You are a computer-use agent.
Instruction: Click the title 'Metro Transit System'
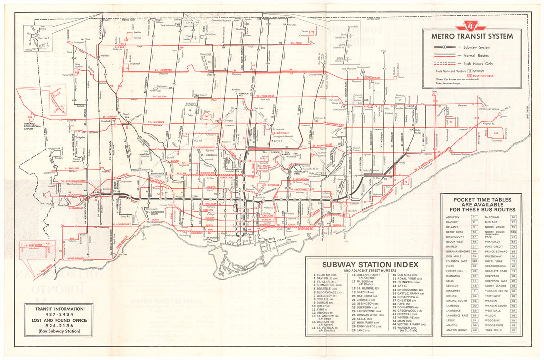(x=472, y=36)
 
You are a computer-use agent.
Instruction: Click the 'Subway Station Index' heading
(x=370, y=264)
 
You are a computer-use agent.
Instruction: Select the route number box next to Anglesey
(x=474, y=217)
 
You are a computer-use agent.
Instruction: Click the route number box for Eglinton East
(x=474, y=261)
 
